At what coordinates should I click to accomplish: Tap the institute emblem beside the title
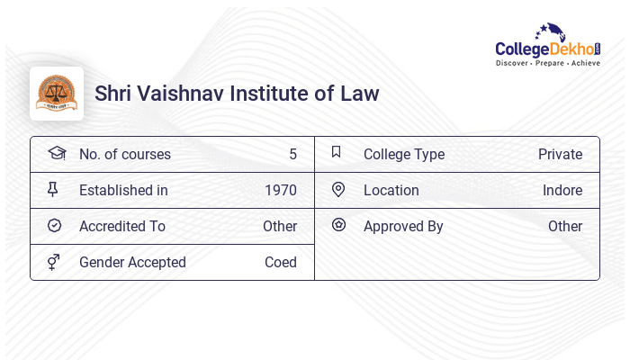[57, 93]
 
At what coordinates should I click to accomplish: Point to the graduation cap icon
[56, 153]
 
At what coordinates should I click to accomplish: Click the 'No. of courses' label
[124, 154]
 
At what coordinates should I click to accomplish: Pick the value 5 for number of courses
[292, 154]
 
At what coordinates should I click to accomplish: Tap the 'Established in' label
[123, 190]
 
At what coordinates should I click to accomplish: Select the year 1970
[281, 190]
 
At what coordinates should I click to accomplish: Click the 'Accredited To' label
[122, 226]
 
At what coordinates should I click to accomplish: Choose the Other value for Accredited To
[280, 226]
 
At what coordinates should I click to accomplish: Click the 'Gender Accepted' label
[132, 262]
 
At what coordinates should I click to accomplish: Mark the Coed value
[281, 262]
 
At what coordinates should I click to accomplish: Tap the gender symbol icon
[54, 262]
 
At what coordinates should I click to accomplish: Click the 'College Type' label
[404, 154]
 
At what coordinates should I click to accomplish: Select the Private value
[560, 154]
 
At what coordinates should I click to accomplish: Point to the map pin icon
[338, 189]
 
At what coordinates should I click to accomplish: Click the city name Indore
[562, 190]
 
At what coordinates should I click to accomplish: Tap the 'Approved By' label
[403, 226]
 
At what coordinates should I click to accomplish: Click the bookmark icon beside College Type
[337, 152]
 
